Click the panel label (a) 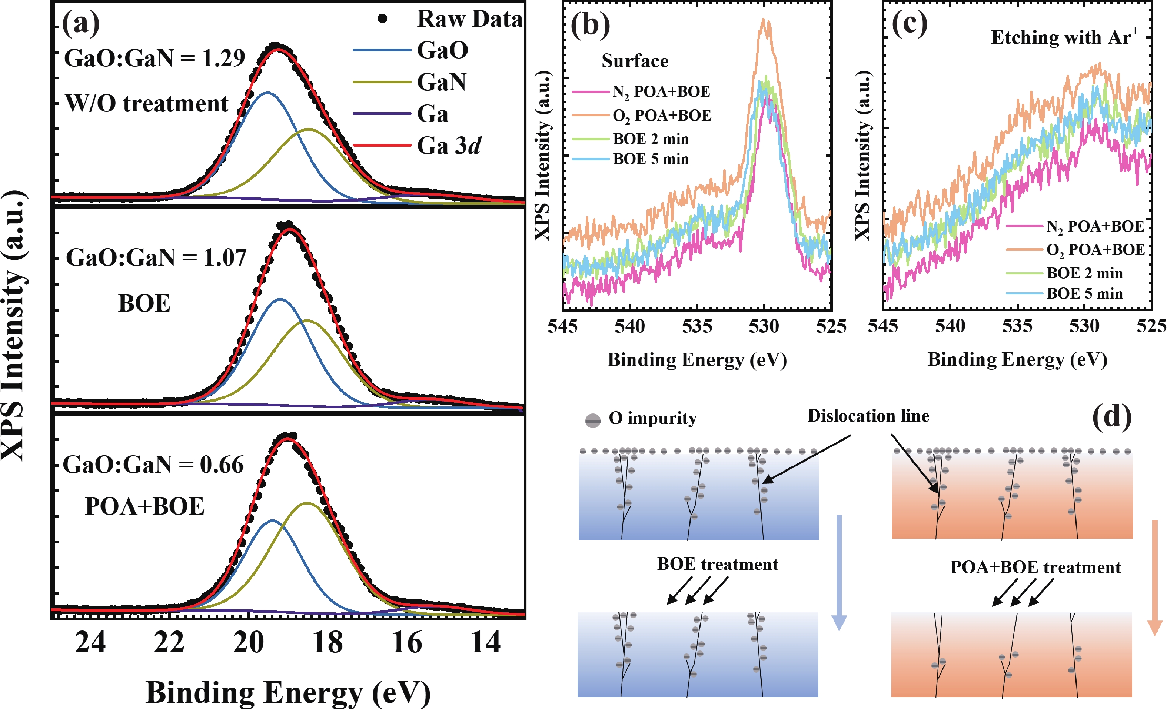pos(81,23)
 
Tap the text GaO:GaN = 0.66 pos(153,465)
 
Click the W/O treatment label pos(147,104)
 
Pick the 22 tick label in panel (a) pos(169,643)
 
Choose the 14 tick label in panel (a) pos(485,643)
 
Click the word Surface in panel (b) pos(635,61)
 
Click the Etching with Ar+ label pos(1065,37)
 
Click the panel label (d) pos(1111,417)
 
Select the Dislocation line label pos(868,416)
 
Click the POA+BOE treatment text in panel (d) pos(1035,567)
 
